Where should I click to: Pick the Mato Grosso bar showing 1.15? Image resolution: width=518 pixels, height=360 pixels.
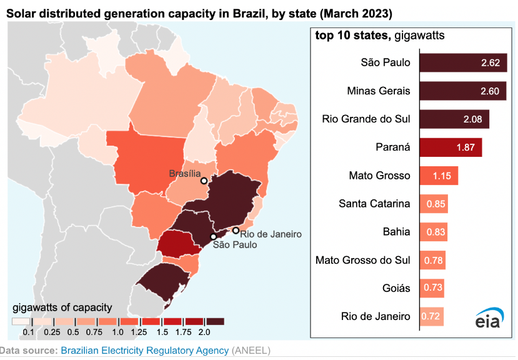439,176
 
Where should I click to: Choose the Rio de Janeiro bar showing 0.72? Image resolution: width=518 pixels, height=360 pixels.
431,316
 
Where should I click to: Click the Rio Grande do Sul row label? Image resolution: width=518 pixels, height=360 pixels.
366,119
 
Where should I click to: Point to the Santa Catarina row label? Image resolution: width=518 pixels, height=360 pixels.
374,204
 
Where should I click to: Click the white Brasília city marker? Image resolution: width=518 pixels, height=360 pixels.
204,182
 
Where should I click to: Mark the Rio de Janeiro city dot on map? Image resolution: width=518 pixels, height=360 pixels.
236,231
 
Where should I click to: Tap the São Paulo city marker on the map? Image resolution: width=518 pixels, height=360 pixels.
213,237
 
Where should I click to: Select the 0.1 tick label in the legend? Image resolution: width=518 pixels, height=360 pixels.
28,331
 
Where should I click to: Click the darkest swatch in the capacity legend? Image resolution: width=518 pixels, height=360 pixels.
213,321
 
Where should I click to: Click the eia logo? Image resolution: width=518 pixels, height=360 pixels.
489,319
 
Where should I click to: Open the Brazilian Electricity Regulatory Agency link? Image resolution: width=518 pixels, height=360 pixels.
144,351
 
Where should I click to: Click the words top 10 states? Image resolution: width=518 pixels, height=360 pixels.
351,36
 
